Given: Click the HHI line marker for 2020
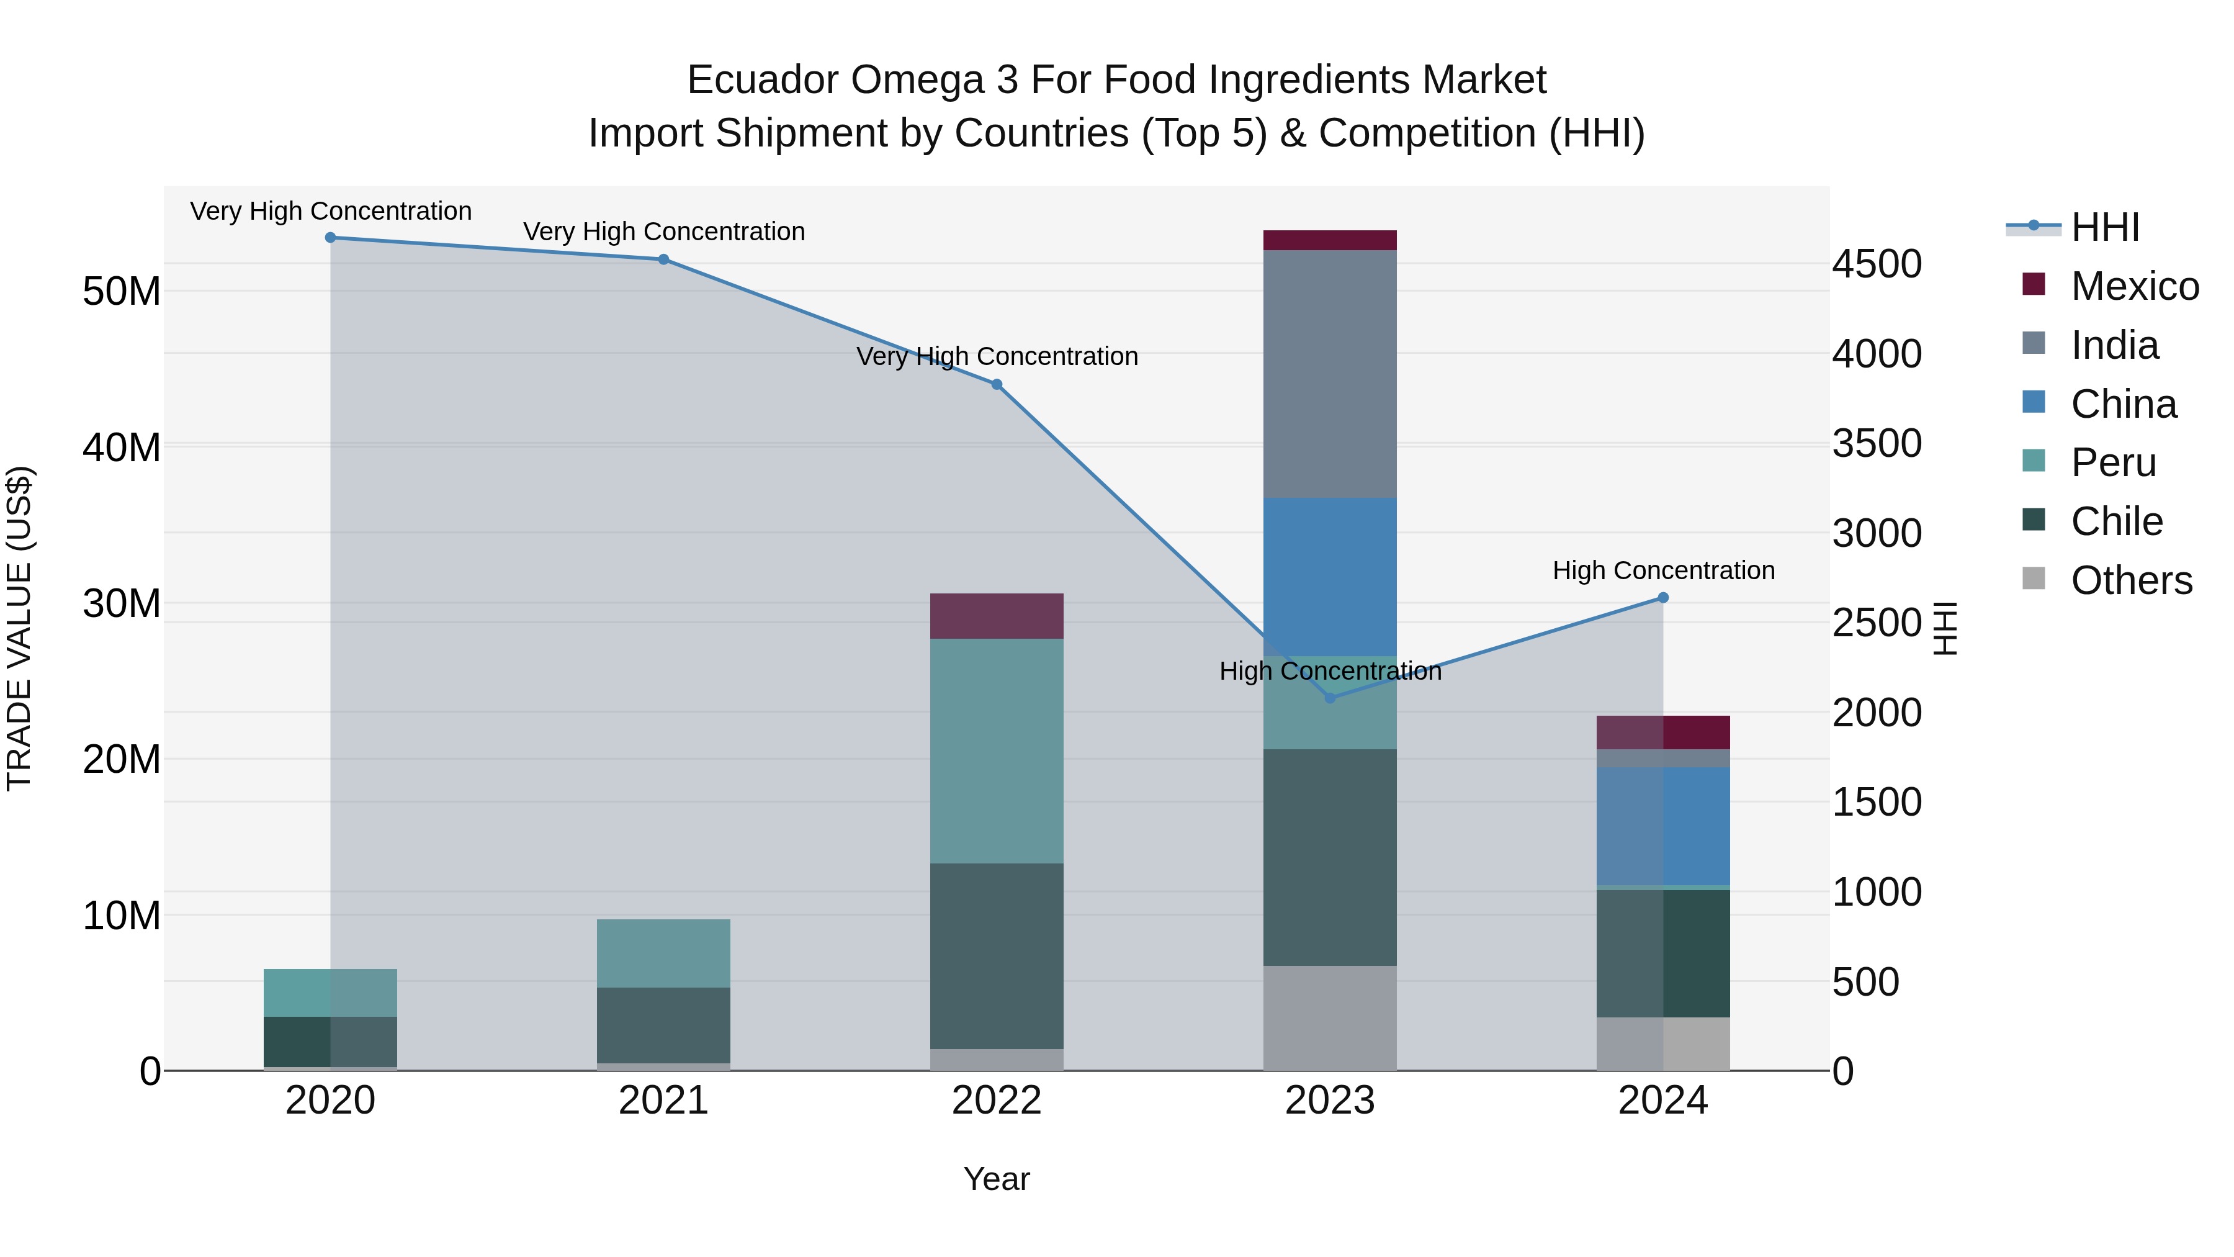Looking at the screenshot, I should pos(330,238).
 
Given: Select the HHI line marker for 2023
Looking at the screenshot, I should pos(1330,698).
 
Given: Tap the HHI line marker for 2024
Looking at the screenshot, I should pos(1663,598).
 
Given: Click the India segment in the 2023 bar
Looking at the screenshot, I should pos(1330,373).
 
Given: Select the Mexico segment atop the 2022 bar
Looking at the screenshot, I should pos(997,616).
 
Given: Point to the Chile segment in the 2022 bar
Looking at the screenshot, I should pos(997,956).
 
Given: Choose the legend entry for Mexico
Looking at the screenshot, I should pos(2134,286).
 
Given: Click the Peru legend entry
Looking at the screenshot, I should pos(2112,462).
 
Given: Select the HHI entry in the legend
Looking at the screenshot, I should pos(2105,227).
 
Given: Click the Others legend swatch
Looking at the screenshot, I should pos(2033,579).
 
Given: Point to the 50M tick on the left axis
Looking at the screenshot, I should pos(122,292).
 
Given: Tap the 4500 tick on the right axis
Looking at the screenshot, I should pos(1877,264).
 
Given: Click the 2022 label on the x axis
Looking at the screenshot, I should pos(997,1101).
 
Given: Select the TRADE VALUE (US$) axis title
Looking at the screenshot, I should pos(19,628).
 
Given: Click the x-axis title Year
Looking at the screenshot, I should pos(997,1179).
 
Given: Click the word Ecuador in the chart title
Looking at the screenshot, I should pos(763,80).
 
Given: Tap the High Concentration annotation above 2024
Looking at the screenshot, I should pos(1663,571).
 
